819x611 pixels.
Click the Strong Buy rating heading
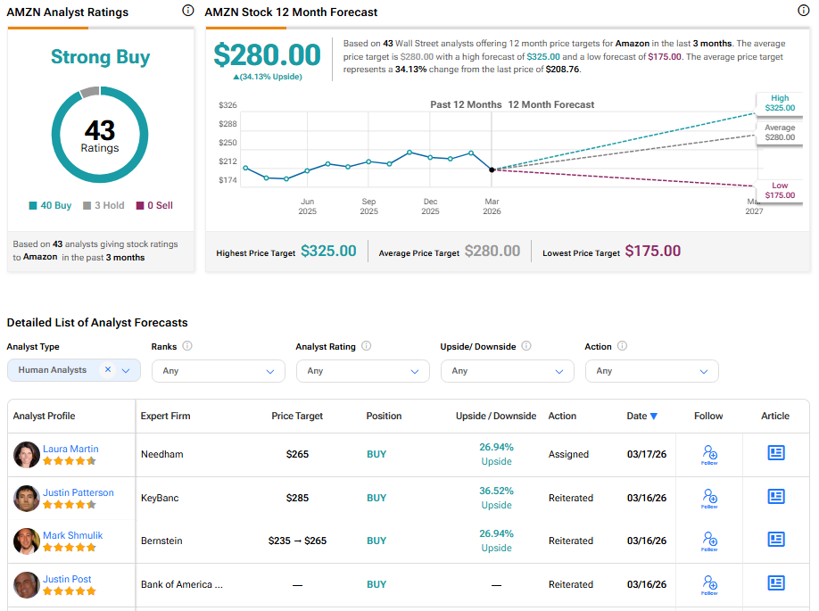[100, 57]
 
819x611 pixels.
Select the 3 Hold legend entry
[103, 205]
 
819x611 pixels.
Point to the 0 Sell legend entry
[154, 205]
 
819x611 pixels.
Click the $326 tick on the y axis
[227, 105]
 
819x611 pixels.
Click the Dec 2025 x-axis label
[430, 206]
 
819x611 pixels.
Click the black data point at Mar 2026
[492, 169]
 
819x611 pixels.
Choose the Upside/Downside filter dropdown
[508, 370]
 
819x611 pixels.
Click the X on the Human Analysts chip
[108, 369]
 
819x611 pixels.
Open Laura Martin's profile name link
[70, 449]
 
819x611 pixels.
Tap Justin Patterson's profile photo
[27, 498]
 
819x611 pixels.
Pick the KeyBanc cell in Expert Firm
[160, 498]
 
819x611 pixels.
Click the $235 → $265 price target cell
[297, 541]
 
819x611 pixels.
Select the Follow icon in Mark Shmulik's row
[709, 540]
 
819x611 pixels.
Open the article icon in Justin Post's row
[776, 583]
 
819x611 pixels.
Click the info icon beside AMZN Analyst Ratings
[187, 11]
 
